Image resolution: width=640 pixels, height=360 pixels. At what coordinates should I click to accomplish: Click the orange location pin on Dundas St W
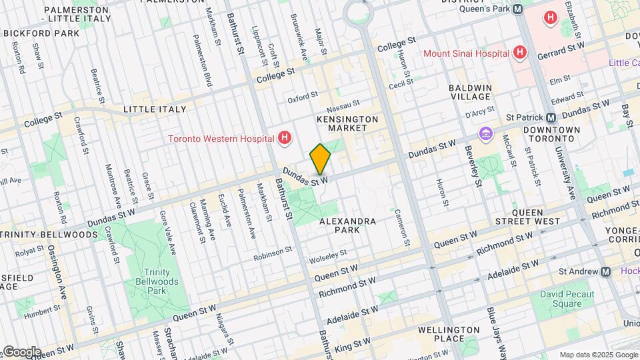click(x=320, y=159)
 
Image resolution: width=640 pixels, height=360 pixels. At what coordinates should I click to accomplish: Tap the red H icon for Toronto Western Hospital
click(x=285, y=139)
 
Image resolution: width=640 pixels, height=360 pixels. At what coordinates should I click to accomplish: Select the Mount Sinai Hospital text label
click(x=467, y=53)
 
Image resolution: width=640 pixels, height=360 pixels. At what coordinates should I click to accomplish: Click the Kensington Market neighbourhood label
click(x=347, y=124)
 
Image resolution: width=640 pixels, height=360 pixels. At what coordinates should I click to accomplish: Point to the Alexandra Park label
click(x=347, y=225)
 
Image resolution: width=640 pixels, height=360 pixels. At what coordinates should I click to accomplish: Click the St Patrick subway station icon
click(x=550, y=117)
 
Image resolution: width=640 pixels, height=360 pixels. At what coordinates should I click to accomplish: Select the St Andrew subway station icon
click(x=605, y=271)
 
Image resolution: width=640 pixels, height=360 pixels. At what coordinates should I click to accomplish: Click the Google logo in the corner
click(x=21, y=351)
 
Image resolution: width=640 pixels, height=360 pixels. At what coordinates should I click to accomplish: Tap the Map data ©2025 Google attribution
click(x=597, y=355)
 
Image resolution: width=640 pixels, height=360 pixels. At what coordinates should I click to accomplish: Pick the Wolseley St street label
click(x=327, y=253)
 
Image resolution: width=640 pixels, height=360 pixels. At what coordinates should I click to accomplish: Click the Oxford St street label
click(x=303, y=99)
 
